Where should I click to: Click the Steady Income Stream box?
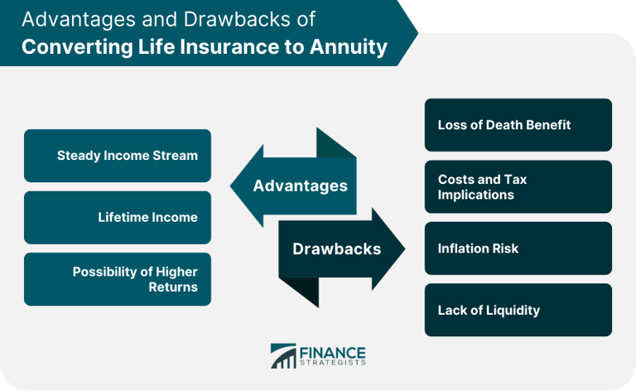pos(118,156)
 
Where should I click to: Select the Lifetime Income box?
pos(118,218)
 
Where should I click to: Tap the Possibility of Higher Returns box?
pos(118,279)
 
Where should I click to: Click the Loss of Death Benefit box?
pos(518,125)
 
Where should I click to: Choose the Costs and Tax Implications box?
pos(518,186)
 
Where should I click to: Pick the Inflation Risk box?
pos(518,249)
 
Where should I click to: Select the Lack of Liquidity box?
pos(518,310)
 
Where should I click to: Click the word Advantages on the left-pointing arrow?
pos(300,186)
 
